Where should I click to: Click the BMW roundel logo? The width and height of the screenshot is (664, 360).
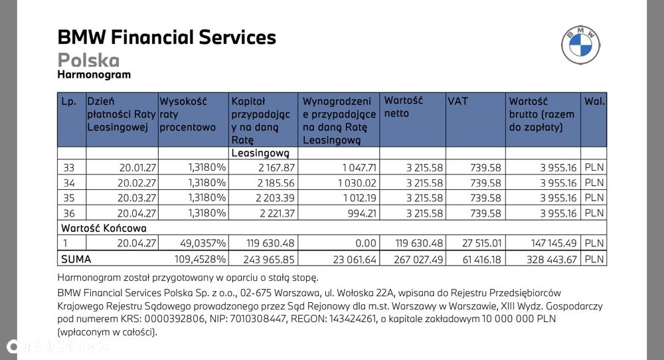coord(580,45)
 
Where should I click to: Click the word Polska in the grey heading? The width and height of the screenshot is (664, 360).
coord(88,60)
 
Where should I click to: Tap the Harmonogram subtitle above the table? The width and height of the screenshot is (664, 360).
coord(94,75)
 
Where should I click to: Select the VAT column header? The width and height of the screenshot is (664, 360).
coord(457,101)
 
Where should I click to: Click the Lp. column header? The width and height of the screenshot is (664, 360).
coord(68,102)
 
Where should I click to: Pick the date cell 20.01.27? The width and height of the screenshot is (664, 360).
coord(137,168)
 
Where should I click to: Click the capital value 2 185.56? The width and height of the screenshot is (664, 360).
coord(276,183)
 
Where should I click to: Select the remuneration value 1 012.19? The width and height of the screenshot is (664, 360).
coord(357,198)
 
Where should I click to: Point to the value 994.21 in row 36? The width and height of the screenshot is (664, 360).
coord(362,213)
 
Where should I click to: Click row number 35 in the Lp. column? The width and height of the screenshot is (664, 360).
coord(68,198)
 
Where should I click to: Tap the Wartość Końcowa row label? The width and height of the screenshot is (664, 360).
coord(104,228)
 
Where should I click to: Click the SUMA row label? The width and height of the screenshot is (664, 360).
coord(76,259)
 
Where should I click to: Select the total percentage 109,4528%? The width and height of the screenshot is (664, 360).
coord(201,259)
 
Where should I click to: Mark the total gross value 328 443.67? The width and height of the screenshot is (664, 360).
coord(552,259)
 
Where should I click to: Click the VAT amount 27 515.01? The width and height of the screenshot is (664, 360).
coord(482,243)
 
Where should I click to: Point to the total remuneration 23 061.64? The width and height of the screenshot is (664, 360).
coord(355,259)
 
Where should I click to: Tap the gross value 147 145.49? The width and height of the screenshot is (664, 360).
coord(554,243)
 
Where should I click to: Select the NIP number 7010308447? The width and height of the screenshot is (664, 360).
coord(258,319)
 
